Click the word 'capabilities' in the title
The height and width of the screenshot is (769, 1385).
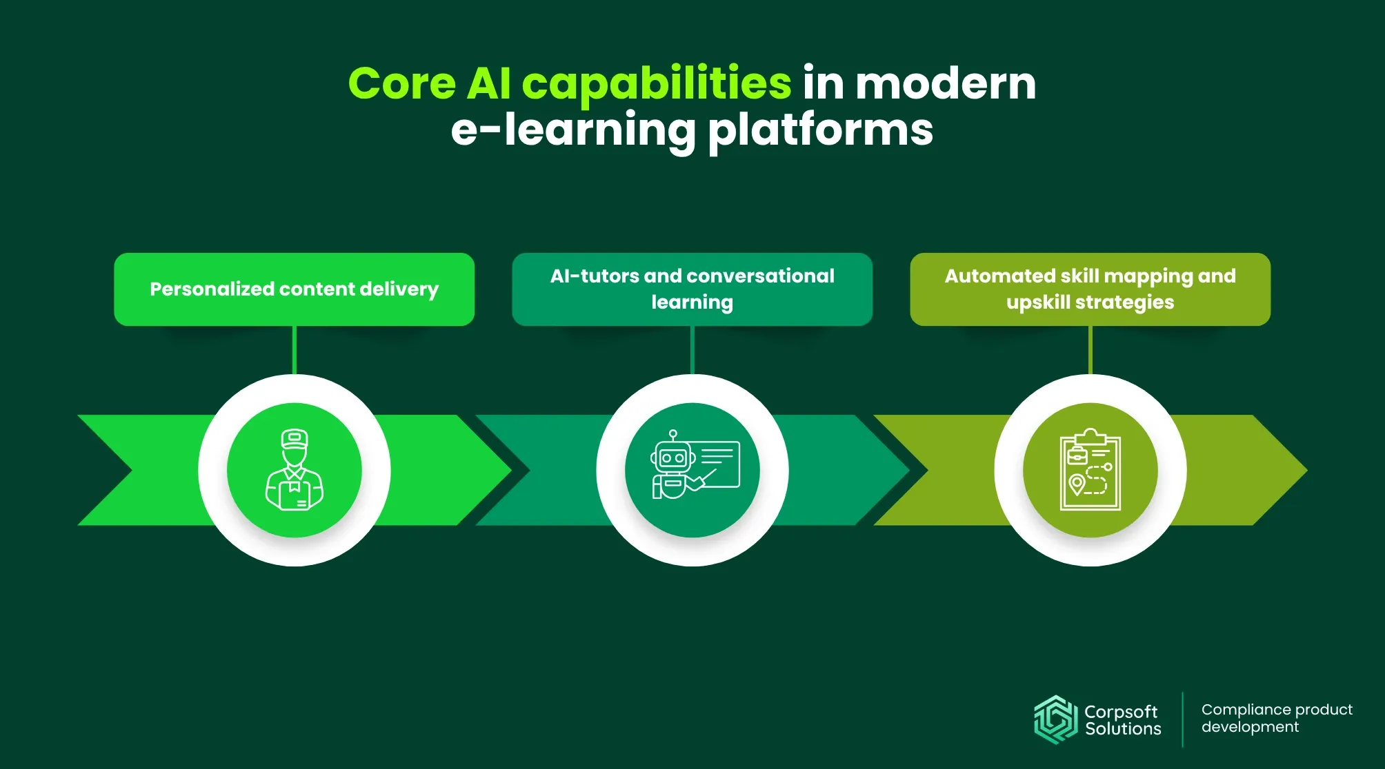pyautogui.click(x=656, y=84)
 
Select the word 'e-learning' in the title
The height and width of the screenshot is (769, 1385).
pyautogui.click(x=573, y=130)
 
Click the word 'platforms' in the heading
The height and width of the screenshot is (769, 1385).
pyautogui.click(x=820, y=130)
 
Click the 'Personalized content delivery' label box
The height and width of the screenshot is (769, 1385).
pyautogui.click(x=295, y=289)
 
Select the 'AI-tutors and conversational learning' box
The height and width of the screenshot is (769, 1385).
pyautogui.click(x=692, y=289)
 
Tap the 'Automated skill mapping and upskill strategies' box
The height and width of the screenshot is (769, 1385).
pyautogui.click(x=1090, y=289)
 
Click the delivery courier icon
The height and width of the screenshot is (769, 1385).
pyautogui.click(x=295, y=470)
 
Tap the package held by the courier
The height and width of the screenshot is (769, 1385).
pyautogui.click(x=295, y=493)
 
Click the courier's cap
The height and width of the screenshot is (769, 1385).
pyautogui.click(x=295, y=438)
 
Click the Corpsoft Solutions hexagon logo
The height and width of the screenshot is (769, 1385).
pyautogui.click(x=1055, y=719)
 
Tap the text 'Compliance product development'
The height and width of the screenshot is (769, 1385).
pyautogui.click(x=1276, y=718)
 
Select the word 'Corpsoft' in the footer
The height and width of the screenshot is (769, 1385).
pyautogui.click(x=1120, y=711)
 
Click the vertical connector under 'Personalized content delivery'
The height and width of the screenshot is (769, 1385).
pyautogui.click(x=295, y=350)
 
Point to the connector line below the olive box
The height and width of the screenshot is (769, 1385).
pyautogui.click(x=1090, y=350)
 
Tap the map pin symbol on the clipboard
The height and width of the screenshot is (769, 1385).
pyautogui.click(x=1076, y=484)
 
